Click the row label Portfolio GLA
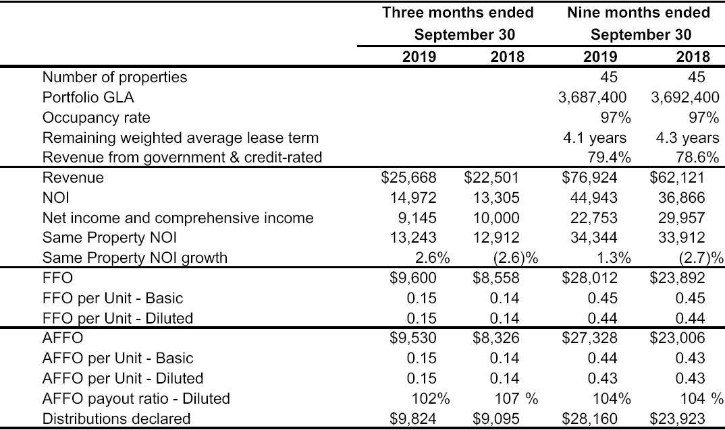88,98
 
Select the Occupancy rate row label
96,118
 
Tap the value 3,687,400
592,98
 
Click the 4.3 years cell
688,138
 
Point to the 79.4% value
609,158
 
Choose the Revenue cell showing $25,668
408,178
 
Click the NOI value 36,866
682,198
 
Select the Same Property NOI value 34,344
593,238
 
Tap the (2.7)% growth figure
701,257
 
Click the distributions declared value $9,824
413,419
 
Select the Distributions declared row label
117,419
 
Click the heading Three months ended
458,13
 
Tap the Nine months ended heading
639,13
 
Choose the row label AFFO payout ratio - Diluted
136,398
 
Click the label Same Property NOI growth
135,257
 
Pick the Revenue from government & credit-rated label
182,158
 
